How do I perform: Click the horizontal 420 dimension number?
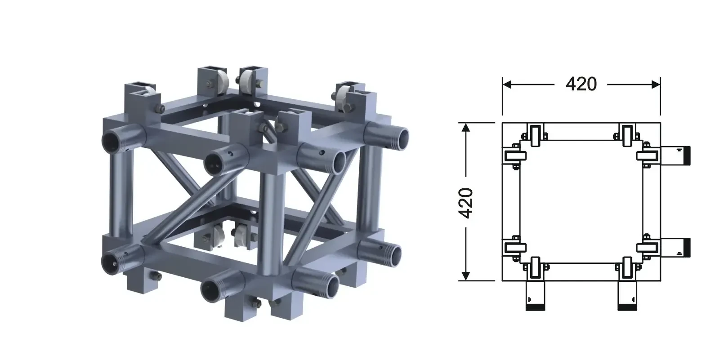(x=581, y=84)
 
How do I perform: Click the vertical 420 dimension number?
(x=465, y=203)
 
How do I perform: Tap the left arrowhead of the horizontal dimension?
(x=507, y=84)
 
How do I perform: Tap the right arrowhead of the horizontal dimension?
(x=656, y=84)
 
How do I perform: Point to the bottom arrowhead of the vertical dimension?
(x=466, y=276)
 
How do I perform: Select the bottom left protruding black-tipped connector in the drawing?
(x=535, y=296)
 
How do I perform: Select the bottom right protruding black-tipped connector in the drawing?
(x=627, y=296)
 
